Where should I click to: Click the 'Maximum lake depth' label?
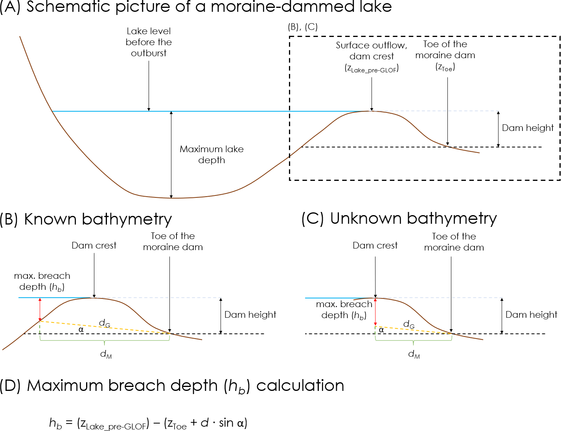pos(212,155)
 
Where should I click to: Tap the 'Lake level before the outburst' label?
pos(149,42)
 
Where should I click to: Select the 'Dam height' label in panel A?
pos(528,128)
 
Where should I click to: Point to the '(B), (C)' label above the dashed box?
pos(303,27)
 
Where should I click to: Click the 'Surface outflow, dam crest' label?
pos(372,51)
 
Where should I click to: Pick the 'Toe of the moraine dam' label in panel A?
pos(445,50)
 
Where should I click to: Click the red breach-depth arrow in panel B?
pos(40,309)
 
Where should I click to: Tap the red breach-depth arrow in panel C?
pos(375,312)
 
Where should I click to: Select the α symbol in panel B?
pos(81,330)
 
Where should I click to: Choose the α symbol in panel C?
pos(381,330)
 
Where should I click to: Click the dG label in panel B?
pos(105,323)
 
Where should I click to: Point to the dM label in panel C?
pos(414,354)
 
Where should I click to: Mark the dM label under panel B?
pos(106,354)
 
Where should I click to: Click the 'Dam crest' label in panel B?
pos(94,245)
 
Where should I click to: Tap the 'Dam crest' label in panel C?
pos(375,245)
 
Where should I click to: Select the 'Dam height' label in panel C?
pos(531,315)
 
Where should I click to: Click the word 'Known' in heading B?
pos(50,219)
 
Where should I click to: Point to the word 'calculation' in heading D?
pos(300,385)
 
